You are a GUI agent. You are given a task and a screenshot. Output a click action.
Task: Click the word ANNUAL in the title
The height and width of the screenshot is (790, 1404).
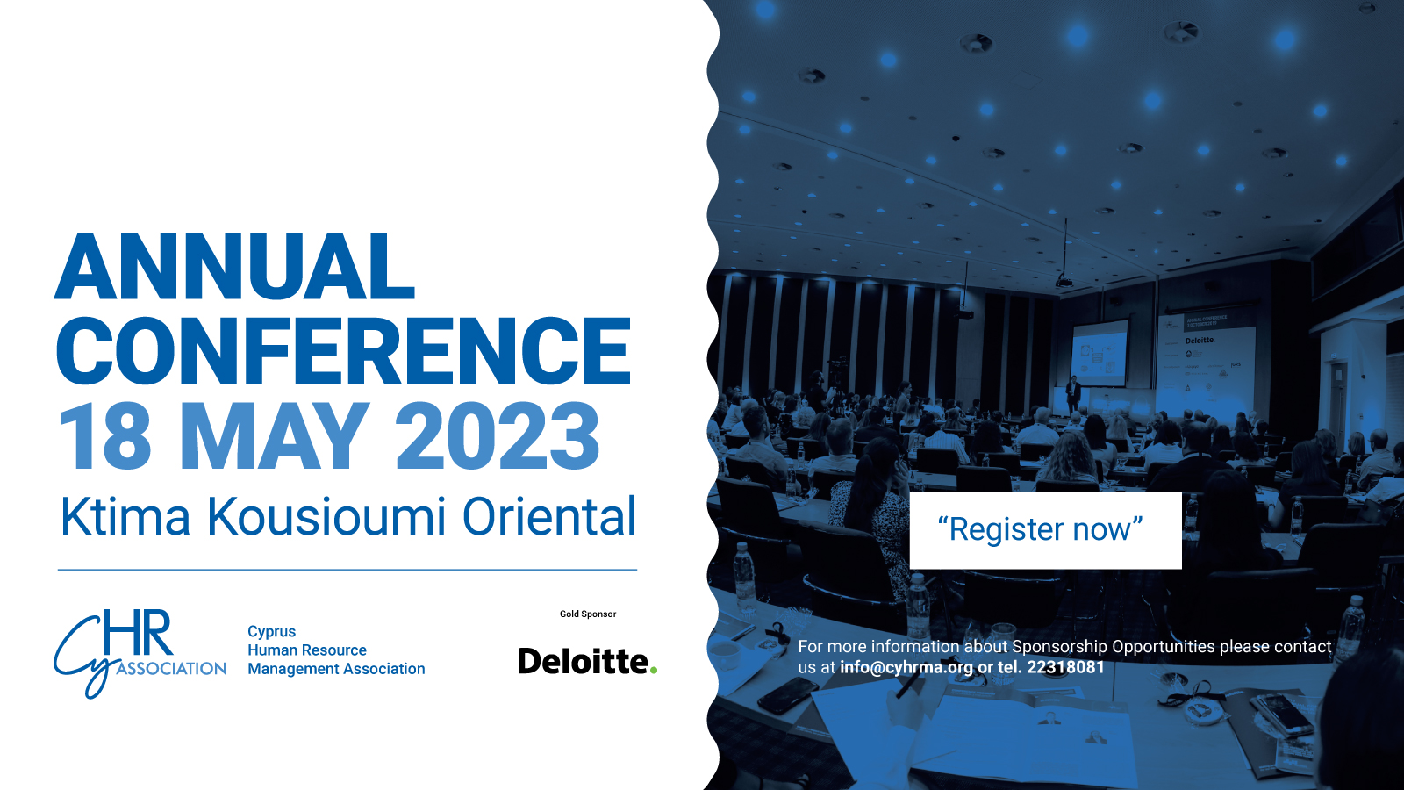point(235,267)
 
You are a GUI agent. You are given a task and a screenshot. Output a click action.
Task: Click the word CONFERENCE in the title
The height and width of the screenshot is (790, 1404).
point(343,350)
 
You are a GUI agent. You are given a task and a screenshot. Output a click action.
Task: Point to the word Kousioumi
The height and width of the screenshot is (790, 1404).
point(326,517)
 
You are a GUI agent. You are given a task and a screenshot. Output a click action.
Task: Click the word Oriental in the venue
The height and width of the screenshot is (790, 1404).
point(549,517)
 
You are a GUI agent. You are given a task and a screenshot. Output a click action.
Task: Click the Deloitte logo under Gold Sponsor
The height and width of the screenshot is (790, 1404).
point(587,661)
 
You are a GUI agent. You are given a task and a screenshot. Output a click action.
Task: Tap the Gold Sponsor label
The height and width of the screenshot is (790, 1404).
point(588,614)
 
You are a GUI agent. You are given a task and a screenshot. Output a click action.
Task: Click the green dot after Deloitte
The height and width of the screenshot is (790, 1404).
point(653,671)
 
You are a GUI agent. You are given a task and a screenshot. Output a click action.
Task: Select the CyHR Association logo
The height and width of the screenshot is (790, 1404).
point(140,653)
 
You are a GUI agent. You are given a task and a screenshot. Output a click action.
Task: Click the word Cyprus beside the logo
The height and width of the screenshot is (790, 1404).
point(271,631)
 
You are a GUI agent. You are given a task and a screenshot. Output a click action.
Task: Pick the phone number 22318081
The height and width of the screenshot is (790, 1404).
point(1065,666)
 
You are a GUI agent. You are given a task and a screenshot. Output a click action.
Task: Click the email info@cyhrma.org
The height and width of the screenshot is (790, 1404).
point(906,667)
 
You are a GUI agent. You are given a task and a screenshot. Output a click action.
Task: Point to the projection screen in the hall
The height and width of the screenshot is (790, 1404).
point(1099,353)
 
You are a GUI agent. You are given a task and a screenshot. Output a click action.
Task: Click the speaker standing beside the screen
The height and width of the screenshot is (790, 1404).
point(1073,394)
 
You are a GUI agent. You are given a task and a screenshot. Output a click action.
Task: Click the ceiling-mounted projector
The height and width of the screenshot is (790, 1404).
point(1064,280)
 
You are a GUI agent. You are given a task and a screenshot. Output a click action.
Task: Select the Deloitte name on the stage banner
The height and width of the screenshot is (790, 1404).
point(1200,341)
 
